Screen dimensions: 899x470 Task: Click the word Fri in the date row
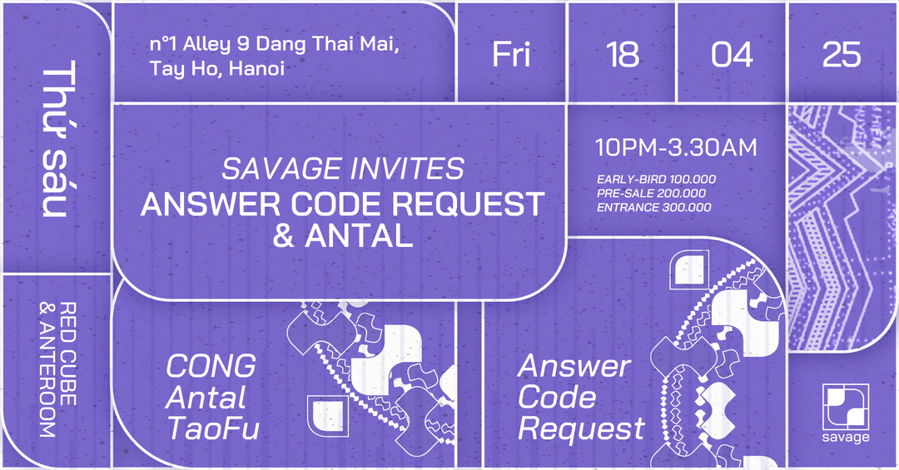point(511,54)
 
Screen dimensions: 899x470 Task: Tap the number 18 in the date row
point(622,54)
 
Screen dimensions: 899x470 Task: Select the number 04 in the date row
point(732,54)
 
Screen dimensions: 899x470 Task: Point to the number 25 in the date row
point(842,54)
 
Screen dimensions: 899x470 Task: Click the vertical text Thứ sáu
point(58,138)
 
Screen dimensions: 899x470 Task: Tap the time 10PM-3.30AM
point(676,148)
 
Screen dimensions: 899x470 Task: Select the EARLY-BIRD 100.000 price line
point(656,180)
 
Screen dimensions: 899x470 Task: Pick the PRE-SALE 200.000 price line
point(651,193)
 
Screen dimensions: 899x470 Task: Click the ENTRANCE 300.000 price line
point(653,207)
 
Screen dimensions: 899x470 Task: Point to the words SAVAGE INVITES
point(343,169)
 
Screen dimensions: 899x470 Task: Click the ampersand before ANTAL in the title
point(284,235)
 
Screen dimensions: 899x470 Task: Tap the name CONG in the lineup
point(211,366)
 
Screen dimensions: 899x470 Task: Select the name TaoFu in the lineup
point(213,428)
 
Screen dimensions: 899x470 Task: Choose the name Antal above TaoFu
point(206,397)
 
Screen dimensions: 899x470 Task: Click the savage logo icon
point(846,407)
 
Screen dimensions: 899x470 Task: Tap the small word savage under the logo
point(846,438)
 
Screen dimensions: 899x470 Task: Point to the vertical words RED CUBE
point(67,354)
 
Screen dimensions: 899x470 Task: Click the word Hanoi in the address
point(256,69)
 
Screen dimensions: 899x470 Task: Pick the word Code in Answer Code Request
point(556,397)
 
